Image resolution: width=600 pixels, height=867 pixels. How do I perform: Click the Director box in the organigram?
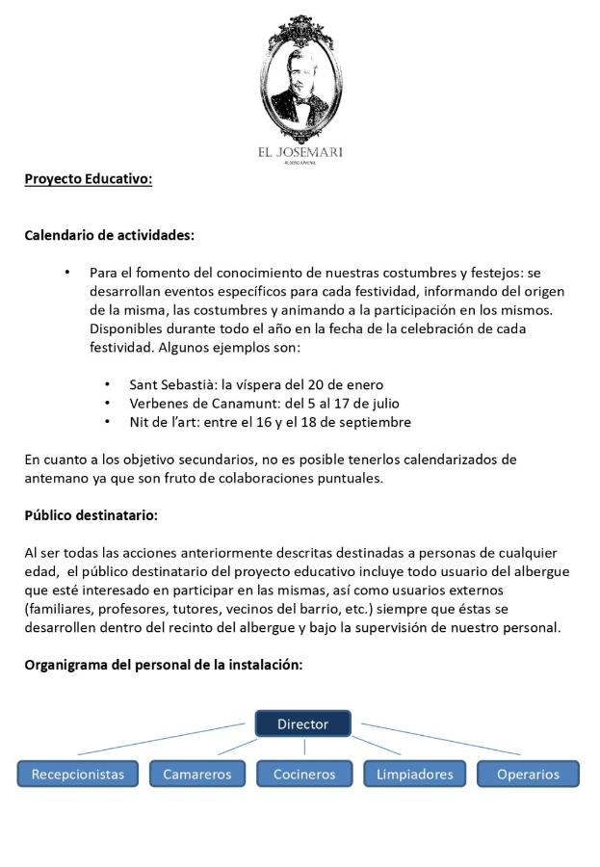click(303, 723)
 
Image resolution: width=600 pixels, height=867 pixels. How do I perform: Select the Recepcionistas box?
click(77, 774)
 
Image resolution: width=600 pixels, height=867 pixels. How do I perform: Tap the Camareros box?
click(196, 774)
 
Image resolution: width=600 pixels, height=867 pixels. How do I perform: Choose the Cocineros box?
click(303, 774)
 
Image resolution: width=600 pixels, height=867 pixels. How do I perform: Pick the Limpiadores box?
click(414, 774)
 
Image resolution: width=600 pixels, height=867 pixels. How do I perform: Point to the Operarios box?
click(528, 774)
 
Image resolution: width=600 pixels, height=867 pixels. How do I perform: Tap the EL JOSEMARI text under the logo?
click(300, 152)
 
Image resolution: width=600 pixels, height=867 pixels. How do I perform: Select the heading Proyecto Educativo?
click(88, 178)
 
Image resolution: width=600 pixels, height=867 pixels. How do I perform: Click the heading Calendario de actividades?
click(109, 234)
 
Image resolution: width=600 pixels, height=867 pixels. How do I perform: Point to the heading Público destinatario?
click(91, 515)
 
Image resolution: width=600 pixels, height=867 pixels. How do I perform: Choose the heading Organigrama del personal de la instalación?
click(164, 664)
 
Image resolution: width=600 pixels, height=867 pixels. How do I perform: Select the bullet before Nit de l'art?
click(107, 422)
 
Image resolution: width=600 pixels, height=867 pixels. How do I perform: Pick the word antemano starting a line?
click(54, 478)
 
